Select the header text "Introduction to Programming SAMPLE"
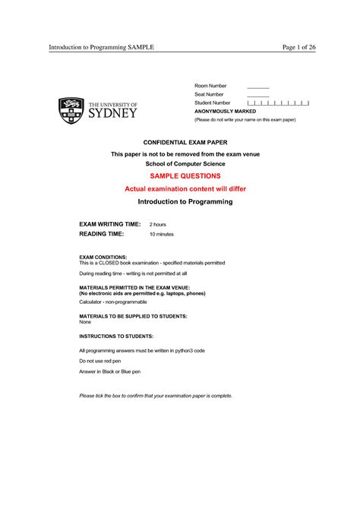102,47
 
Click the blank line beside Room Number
258,87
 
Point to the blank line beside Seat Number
258,95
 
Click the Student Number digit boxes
278,103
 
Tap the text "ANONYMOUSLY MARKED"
226,111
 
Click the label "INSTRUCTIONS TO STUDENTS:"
116,335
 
